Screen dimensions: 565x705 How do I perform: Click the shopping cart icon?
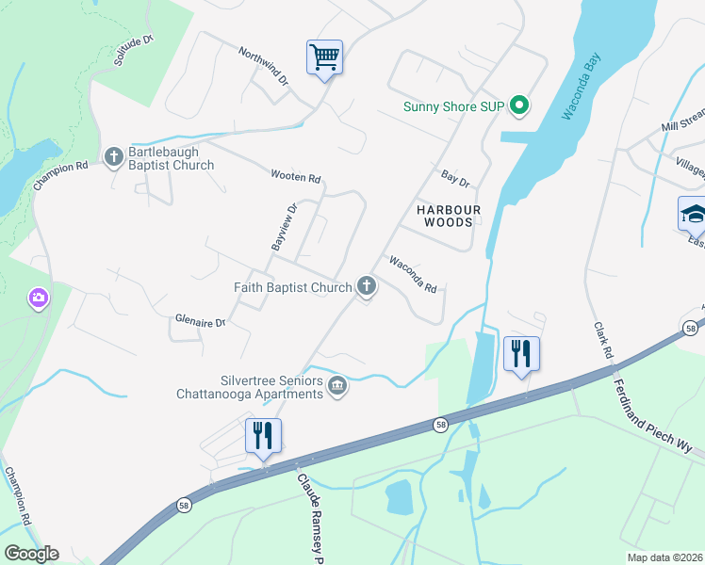[324, 58]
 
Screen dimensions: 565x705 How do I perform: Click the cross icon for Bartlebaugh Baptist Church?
[114, 155]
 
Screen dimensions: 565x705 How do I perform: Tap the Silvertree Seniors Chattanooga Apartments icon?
[337, 385]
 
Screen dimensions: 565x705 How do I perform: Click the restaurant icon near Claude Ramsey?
[263, 435]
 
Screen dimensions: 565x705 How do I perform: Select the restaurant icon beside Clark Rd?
[521, 354]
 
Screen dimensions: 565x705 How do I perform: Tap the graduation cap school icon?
[694, 214]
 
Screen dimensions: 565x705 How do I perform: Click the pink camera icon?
[39, 299]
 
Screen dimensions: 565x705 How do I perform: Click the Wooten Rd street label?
[296, 177]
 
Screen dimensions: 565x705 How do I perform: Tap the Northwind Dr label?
[263, 66]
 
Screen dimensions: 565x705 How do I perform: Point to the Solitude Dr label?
[132, 50]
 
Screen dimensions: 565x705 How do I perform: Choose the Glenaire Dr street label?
[201, 321]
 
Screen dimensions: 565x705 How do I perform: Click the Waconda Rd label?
[413, 274]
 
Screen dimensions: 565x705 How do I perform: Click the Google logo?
[31, 553]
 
